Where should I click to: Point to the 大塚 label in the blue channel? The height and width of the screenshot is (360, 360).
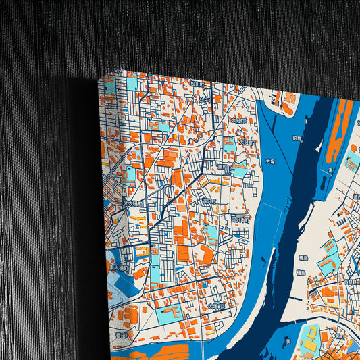point(270,162)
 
